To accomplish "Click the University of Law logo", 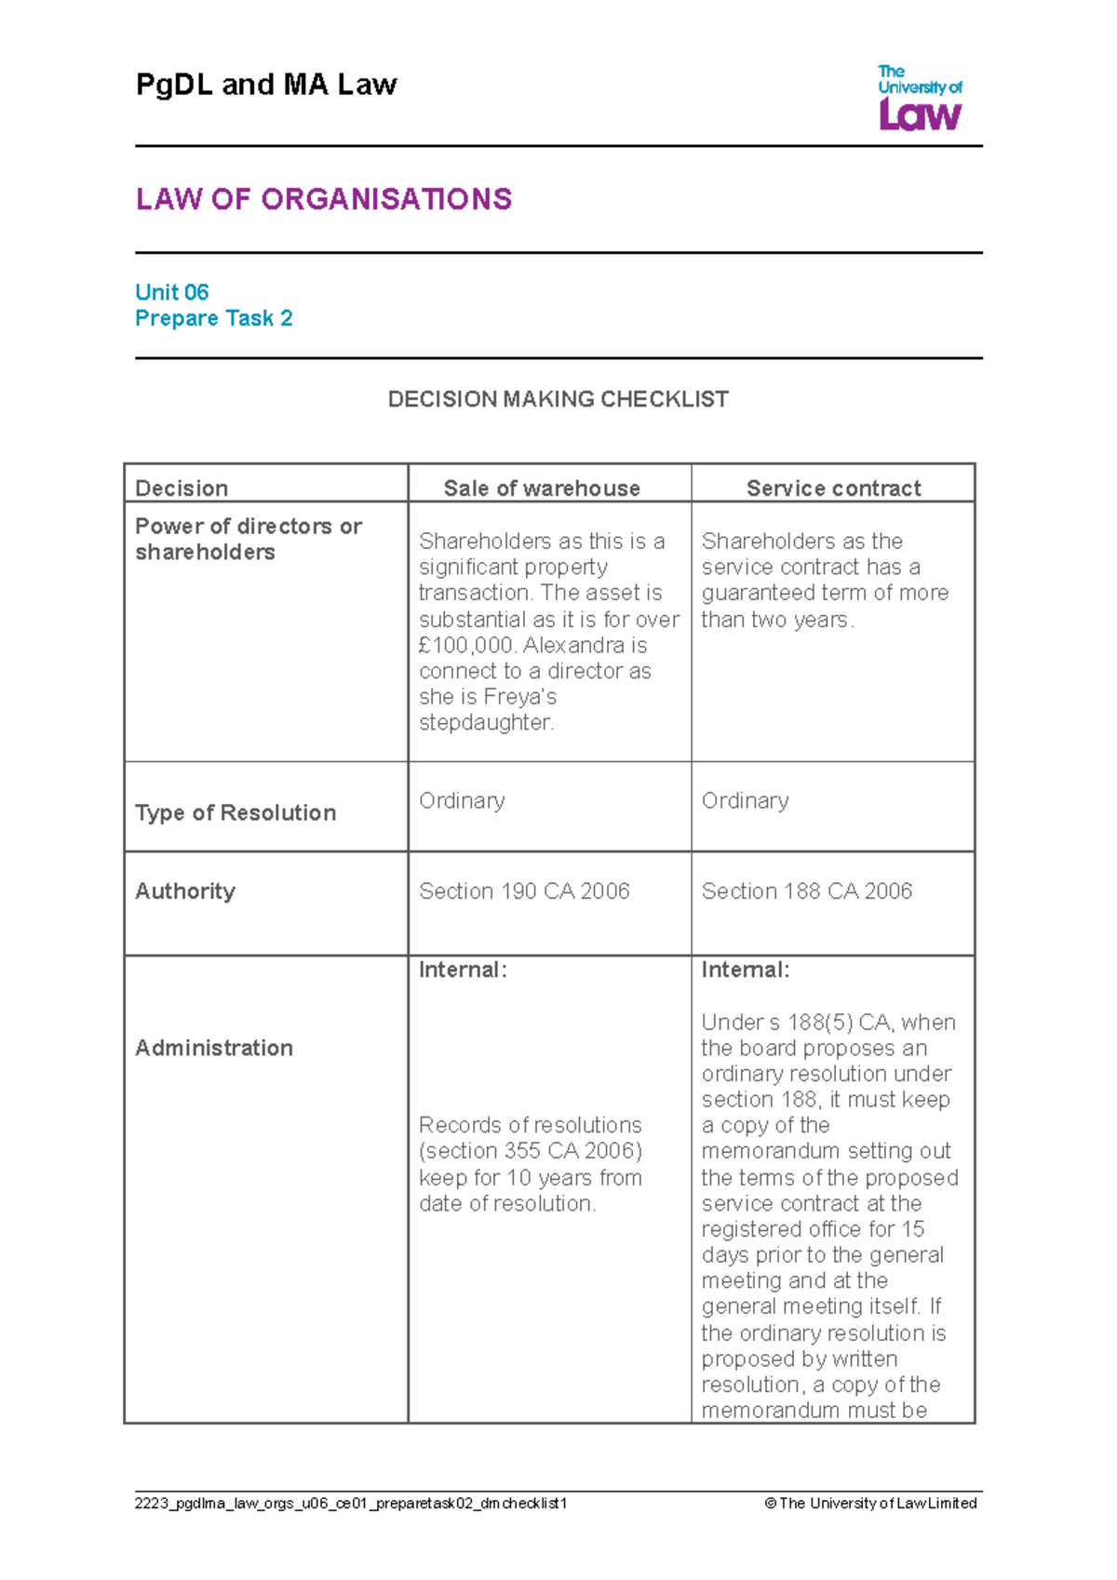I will point(920,98).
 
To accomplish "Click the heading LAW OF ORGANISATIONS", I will point(323,199).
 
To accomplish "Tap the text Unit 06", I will point(172,292).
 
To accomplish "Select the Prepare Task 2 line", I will point(214,318).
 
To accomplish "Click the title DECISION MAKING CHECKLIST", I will point(558,399).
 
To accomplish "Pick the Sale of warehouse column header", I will point(542,489).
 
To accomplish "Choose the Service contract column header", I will point(833,489).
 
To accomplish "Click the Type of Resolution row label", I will point(236,812).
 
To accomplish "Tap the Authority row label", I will point(185,890).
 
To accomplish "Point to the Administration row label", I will point(214,1048).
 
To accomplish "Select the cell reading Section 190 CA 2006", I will point(524,890).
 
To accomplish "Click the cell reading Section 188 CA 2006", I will point(807,890).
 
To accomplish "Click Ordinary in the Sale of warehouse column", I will point(462,800).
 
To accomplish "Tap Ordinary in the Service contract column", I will point(745,800).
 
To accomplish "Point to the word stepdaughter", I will point(486,722).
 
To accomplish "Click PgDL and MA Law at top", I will point(266,85).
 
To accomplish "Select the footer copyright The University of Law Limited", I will point(870,1503).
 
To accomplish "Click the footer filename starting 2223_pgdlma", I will point(351,1503).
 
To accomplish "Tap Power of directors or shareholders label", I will point(248,539).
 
